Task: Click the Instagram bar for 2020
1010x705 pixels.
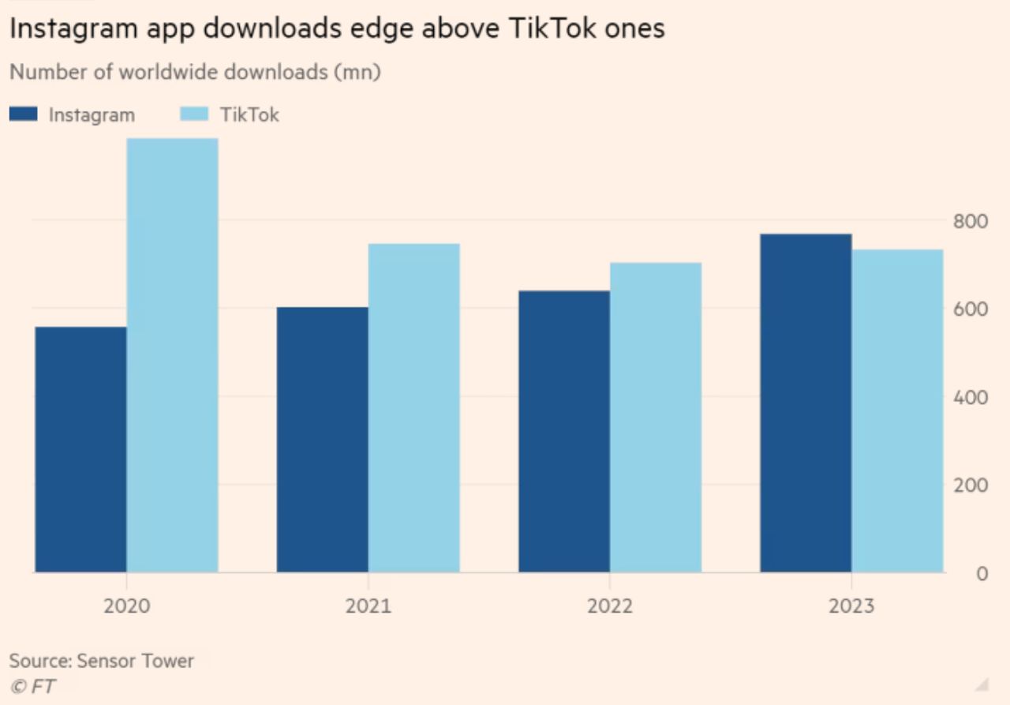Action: coord(80,449)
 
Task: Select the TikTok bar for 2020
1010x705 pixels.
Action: coord(172,355)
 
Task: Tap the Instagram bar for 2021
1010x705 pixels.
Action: coord(322,440)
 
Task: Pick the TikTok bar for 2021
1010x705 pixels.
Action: coord(413,407)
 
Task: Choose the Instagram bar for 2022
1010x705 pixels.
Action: coord(563,431)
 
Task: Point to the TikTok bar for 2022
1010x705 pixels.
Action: coord(656,417)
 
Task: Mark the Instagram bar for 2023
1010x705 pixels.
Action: coord(806,403)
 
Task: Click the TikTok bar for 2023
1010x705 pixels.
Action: coord(897,411)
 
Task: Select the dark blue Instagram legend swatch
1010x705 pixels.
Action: coord(24,114)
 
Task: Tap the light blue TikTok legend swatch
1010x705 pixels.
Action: coord(195,114)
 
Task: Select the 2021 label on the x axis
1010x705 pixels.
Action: coord(368,606)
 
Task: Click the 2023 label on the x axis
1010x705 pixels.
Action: coord(851,606)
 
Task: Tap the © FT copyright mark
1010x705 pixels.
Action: coord(32,686)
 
